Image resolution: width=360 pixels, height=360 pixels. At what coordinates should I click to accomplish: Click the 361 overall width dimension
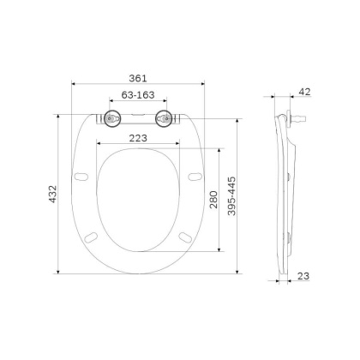point(137,76)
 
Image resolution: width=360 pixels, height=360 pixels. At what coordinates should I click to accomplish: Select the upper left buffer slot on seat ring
point(82,176)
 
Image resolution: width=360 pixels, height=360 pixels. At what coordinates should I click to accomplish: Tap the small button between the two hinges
point(137,114)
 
